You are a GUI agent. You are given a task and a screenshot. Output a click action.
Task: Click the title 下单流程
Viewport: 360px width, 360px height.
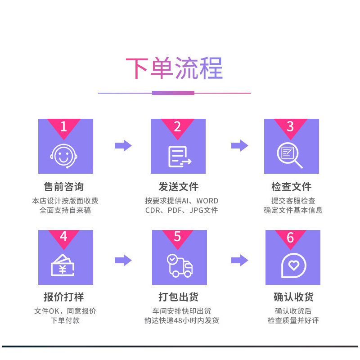pyautogui.click(x=174, y=69)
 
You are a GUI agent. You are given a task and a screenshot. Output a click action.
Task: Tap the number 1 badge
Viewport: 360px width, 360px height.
pyautogui.click(x=63, y=126)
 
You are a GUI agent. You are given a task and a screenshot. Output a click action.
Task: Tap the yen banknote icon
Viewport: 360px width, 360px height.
pyautogui.click(x=63, y=265)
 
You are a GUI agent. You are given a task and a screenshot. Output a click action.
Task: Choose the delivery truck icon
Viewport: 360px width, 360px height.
pyautogui.click(x=180, y=265)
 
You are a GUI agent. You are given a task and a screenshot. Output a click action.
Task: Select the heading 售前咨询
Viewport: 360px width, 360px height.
pyautogui.click(x=63, y=186)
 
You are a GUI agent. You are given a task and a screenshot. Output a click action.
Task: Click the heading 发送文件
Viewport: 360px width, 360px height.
pyautogui.click(x=178, y=186)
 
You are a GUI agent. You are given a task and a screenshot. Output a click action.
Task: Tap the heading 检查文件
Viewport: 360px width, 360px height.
pyautogui.click(x=291, y=186)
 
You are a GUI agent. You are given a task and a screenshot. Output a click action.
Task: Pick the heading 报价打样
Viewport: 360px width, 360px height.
pyautogui.click(x=63, y=297)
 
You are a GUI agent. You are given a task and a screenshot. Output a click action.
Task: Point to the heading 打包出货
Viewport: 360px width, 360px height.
pyautogui.click(x=178, y=297)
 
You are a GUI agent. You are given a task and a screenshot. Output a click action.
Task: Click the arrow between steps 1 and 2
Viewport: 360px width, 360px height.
pyautogui.click(x=123, y=145)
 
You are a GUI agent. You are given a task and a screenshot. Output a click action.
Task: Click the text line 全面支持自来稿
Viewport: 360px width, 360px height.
pyautogui.click(x=65, y=210)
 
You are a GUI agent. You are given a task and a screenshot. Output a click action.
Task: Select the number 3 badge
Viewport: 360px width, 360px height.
pyautogui.click(x=290, y=126)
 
